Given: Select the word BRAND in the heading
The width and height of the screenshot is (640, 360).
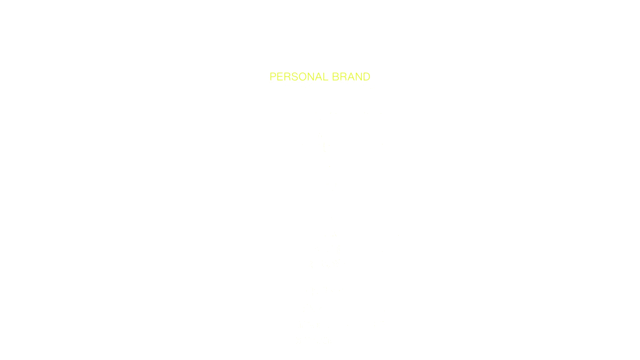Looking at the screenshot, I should click(351, 77).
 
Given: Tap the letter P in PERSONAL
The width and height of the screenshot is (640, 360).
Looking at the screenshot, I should click(273, 77).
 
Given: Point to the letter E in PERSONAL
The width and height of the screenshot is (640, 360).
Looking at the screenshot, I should click(280, 77).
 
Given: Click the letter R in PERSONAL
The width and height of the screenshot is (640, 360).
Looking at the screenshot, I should click(287, 77).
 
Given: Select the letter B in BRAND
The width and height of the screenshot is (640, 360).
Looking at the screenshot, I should click(336, 77).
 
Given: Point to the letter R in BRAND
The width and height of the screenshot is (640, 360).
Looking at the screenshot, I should click(343, 77).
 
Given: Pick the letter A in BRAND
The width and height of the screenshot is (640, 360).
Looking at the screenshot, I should click(351, 77).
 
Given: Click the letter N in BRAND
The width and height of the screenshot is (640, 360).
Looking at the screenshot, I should click(358, 77).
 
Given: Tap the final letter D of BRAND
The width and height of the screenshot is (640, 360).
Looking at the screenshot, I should click(366, 77).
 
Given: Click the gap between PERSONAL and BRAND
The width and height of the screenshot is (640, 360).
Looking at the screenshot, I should click(330, 77).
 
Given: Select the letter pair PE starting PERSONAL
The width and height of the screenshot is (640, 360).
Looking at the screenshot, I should click(276, 77).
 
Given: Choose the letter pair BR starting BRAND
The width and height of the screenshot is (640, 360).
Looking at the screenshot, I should click(339, 77).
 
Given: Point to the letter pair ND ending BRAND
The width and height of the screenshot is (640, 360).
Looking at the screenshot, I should click(362, 77).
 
